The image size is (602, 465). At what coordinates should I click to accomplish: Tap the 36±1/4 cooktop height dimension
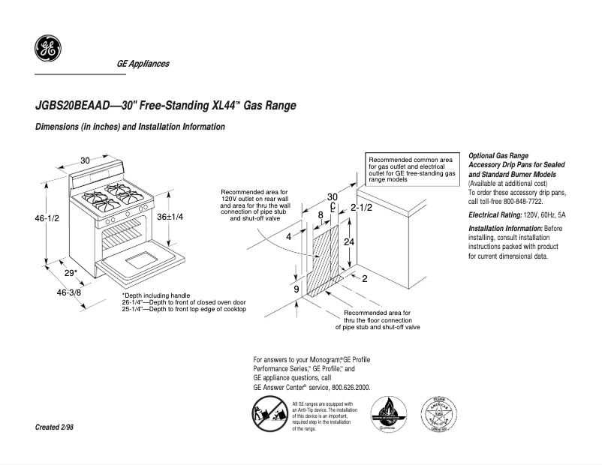point(170,216)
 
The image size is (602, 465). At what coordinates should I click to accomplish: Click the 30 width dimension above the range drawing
point(85,160)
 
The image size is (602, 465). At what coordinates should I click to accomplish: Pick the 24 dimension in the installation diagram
point(348,241)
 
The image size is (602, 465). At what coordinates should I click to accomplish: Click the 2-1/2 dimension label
point(361,207)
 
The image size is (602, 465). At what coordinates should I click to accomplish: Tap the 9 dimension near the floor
point(296,289)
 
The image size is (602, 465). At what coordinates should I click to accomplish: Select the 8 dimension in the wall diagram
point(321,215)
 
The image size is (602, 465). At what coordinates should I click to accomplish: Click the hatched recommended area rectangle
point(325,259)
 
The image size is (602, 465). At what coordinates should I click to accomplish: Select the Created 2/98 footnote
point(55,427)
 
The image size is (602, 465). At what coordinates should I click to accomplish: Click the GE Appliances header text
point(143,64)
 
